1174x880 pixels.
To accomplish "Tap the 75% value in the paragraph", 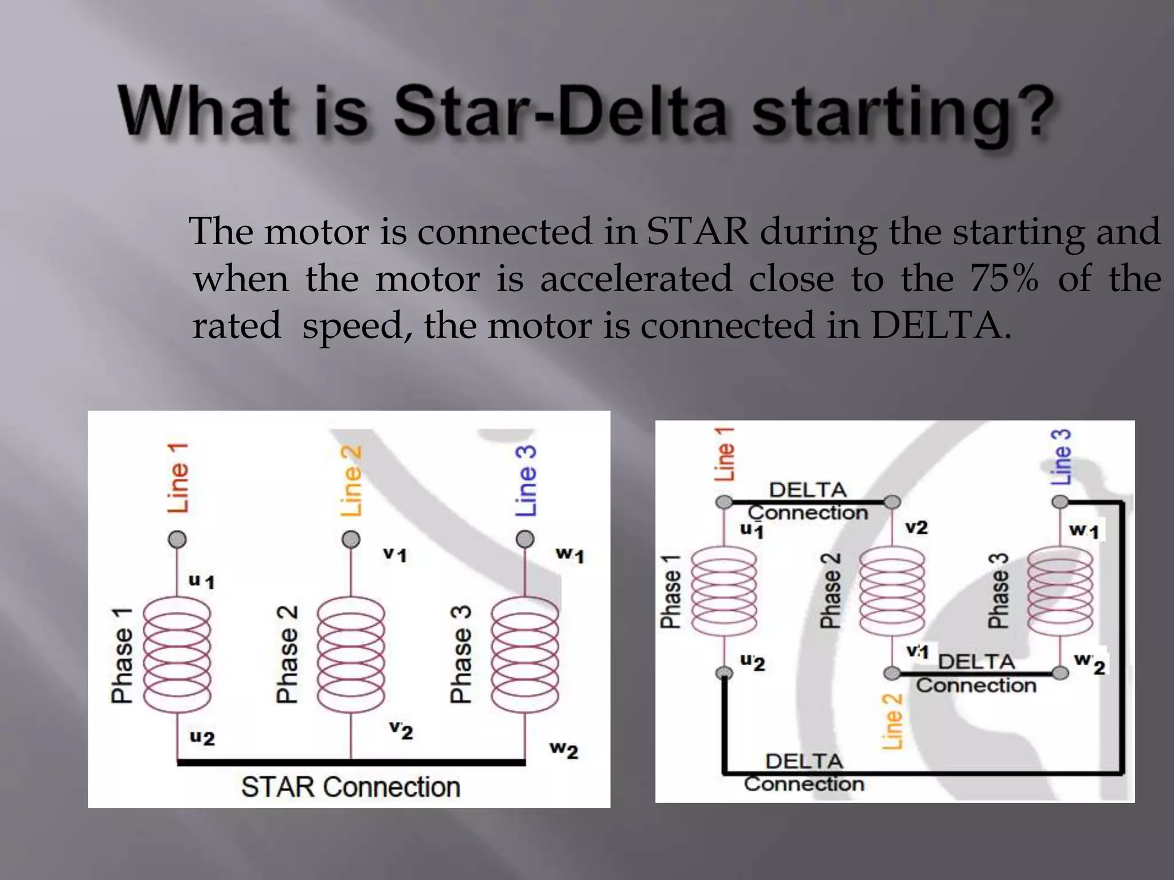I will click(x=1004, y=279).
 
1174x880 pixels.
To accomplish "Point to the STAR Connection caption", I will click(x=350, y=787).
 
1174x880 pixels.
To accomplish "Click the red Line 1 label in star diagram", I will click(x=178, y=478).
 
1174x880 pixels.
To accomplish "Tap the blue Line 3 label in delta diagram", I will click(x=1061, y=457).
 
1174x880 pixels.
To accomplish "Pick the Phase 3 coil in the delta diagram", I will click(x=1060, y=590).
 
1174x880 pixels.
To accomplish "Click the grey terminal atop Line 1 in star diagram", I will click(x=177, y=539).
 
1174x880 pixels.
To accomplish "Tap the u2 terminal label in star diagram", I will click(x=202, y=737).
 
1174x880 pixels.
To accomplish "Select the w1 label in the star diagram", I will click(x=569, y=555).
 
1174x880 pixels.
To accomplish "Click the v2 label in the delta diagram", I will click(x=916, y=527).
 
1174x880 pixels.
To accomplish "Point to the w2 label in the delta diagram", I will click(x=1089, y=663).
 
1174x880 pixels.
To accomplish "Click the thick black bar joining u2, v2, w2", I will click(x=351, y=762).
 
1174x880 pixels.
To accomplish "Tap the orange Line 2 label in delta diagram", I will click(x=892, y=721).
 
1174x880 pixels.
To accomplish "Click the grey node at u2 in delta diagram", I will click(x=725, y=672).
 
